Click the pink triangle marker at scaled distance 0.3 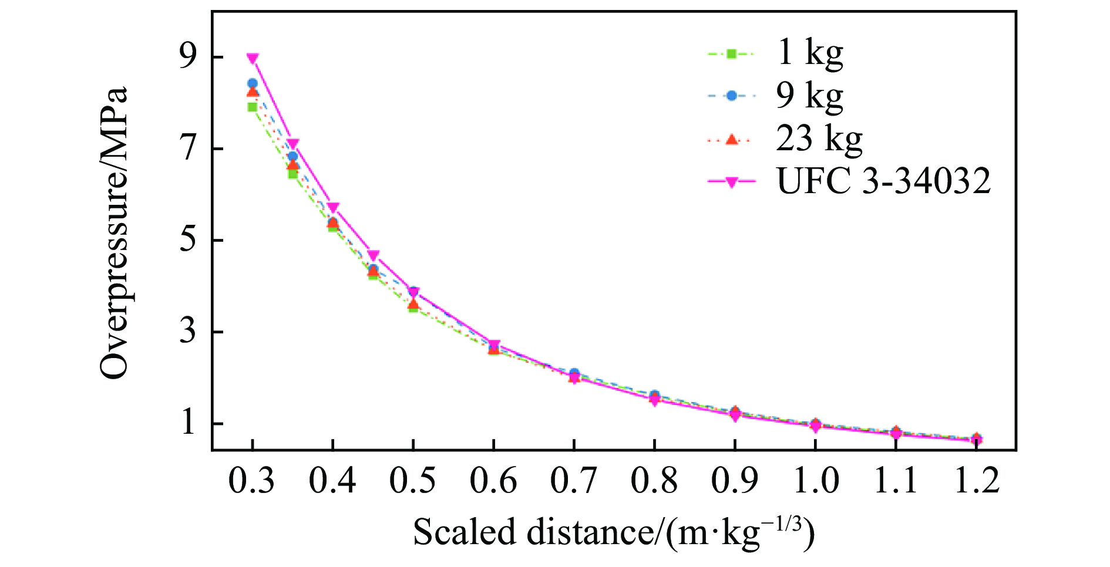(253, 58)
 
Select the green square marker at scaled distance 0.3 (253, 107)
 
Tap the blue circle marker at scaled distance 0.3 (253, 83)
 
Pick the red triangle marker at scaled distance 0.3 (253, 92)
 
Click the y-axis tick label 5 (188, 240)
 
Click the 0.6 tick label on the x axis (493, 481)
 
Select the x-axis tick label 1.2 (976, 481)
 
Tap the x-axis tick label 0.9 (735, 481)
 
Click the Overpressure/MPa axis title (114, 233)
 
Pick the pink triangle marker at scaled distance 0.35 (292, 144)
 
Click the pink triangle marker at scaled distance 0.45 (373, 255)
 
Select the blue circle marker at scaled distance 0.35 (292, 157)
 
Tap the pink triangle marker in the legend (732, 182)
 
